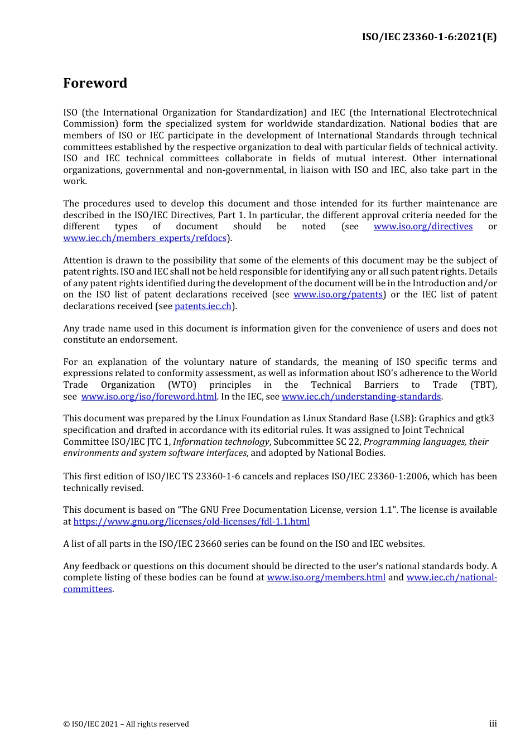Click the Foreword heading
95,83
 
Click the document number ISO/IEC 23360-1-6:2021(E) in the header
429,37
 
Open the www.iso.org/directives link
423,227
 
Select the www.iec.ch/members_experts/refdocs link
145,238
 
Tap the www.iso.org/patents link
338,295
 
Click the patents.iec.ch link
203,306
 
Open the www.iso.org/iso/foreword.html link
149,397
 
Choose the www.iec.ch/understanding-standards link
361,397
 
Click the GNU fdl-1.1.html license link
191,522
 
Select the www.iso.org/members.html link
326,578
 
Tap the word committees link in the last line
88,589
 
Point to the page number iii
493,724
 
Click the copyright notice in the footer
126,724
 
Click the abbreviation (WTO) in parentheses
182,385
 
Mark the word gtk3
484,419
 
